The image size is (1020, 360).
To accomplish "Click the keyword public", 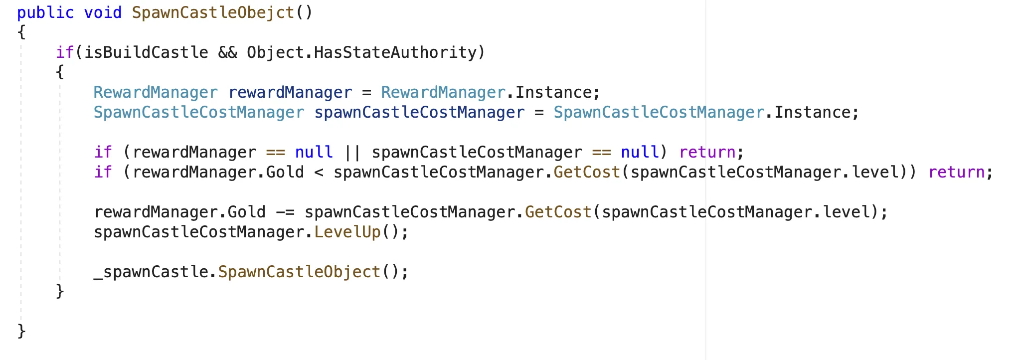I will pyautogui.click(x=45, y=12).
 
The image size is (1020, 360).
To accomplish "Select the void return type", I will pyautogui.click(x=103, y=12).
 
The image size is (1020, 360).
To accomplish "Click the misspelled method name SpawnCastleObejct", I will pyautogui.click(x=213, y=12).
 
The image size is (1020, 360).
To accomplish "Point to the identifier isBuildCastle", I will pyautogui.click(x=146, y=52).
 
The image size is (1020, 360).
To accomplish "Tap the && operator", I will pyautogui.click(x=228, y=52).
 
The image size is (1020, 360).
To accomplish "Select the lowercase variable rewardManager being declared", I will pyautogui.click(x=290, y=92).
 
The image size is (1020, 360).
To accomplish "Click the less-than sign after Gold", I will pyautogui.click(x=319, y=172).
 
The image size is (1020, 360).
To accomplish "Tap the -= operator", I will pyautogui.click(x=285, y=212).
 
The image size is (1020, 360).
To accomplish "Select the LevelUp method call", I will pyautogui.click(x=347, y=232).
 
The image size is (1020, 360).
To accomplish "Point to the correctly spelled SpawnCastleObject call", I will pyautogui.click(x=300, y=272).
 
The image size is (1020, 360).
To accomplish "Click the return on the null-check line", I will pyautogui.click(x=707, y=152).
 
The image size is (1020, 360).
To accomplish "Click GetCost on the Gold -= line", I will pyautogui.click(x=558, y=212).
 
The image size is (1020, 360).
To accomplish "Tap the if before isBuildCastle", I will pyautogui.click(x=64, y=52).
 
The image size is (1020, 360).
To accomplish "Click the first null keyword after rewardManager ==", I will pyautogui.click(x=314, y=152).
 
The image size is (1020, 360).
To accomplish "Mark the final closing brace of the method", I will pyautogui.click(x=21, y=331).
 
